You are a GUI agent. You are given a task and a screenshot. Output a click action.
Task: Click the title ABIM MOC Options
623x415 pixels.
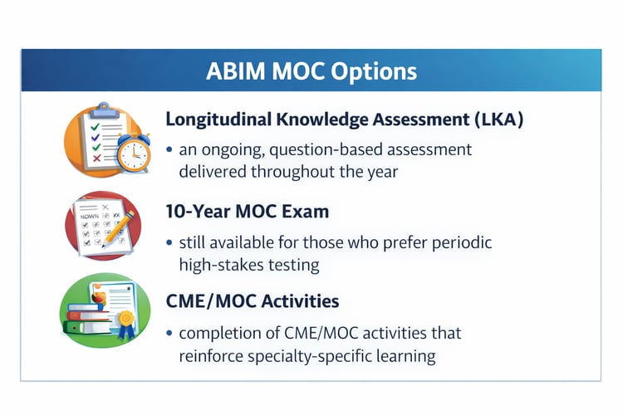click(311, 71)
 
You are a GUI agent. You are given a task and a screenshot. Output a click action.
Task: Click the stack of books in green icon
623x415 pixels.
click(83, 319)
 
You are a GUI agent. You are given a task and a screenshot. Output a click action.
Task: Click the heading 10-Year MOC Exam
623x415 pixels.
click(248, 212)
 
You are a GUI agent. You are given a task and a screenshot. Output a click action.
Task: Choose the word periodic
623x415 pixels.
click(460, 242)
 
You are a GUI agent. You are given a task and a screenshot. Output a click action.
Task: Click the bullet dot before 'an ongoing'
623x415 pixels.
click(170, 151)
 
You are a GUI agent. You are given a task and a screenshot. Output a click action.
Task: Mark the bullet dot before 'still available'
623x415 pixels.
click(170, 243)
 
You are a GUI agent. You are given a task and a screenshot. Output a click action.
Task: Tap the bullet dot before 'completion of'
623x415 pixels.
click(170, 334)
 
